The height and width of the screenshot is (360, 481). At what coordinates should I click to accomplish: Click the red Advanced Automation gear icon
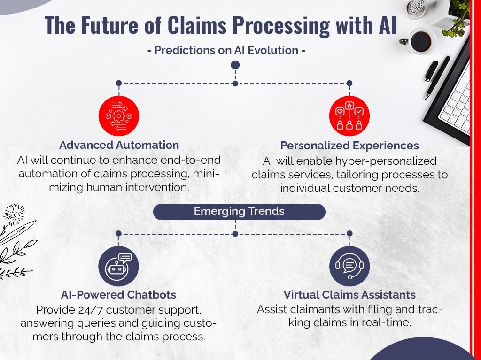119,116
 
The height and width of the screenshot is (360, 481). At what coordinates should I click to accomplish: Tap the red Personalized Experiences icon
349,116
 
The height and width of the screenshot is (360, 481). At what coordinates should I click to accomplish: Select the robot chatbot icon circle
118,266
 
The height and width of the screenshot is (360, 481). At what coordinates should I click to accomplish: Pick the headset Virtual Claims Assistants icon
349,266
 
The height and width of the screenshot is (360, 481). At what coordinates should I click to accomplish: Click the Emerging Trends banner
239,212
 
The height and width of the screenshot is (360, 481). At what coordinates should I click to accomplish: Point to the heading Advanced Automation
119,145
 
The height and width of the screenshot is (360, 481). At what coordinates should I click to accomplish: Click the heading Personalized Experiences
349,146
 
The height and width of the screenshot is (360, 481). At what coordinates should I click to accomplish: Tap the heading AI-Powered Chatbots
118,295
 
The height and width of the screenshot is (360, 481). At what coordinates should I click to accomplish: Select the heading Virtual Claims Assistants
349,295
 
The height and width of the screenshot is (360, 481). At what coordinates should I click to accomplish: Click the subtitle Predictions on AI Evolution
226,50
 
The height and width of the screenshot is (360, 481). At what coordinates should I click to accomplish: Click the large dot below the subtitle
235,65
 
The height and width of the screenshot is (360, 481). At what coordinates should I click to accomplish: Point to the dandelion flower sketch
14,214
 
